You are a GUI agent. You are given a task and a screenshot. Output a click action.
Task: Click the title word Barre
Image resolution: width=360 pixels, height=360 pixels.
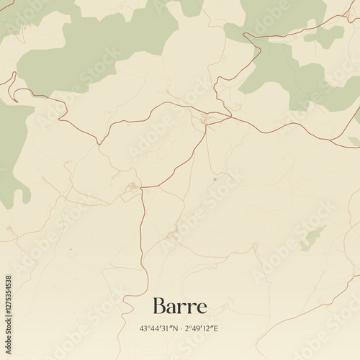180,307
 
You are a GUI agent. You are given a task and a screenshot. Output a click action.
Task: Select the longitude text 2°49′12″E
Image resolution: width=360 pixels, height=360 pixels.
202,328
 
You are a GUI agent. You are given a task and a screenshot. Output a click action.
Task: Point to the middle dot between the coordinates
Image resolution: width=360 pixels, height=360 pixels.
180,328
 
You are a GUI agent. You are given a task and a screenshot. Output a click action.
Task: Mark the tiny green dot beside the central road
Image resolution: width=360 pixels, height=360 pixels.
215,179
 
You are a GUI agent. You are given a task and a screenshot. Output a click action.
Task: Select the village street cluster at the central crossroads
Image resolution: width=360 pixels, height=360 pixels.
206,119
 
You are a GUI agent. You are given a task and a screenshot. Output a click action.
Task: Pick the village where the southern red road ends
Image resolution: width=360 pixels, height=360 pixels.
132,189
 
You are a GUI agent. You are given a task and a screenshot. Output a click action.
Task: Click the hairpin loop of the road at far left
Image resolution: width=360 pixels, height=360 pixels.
12,80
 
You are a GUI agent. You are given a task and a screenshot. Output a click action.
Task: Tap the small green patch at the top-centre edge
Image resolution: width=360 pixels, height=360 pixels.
192,6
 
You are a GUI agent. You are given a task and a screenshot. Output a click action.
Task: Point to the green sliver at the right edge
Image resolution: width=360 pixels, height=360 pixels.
354,141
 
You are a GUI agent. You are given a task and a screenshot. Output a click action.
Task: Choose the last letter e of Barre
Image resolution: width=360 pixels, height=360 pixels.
202,308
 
